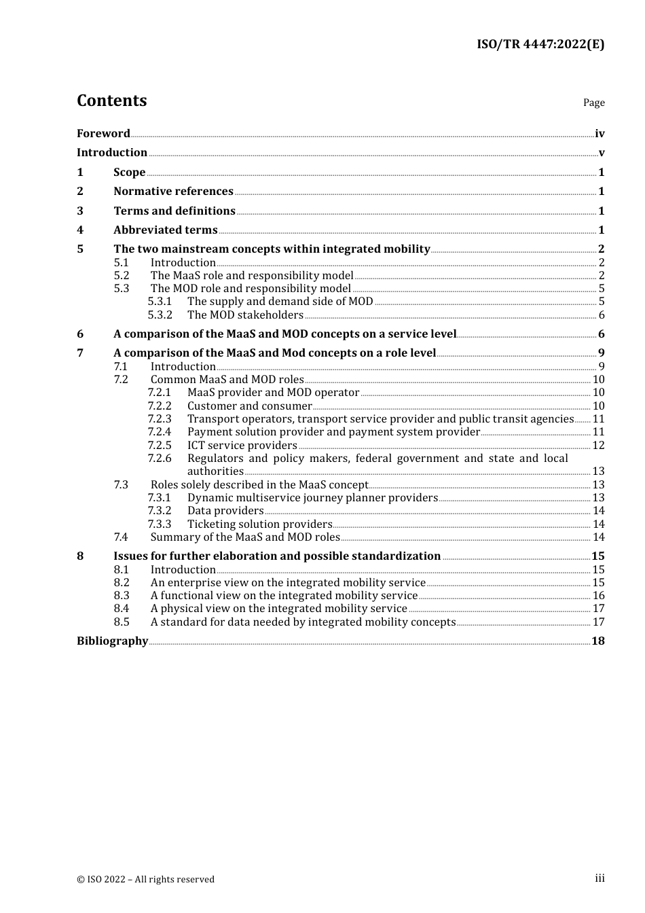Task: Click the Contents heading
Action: point(111,101)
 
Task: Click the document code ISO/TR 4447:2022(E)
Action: point(540,44)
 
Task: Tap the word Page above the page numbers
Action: point(593,103)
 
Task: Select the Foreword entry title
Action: point(103,134)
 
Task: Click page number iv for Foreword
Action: point(600,134)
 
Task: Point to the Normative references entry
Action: point(173,192)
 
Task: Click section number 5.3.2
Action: point(160,315)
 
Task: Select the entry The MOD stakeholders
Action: point(245,315)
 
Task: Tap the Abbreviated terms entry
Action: point(165,230)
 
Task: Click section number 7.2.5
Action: point(160,446)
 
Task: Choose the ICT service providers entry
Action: point(242,446)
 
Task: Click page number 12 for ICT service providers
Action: point(598,446)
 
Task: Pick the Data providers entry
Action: point(225,511)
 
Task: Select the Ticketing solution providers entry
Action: point(259,524)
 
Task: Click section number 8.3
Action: point(122,596)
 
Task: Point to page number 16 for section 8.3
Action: point(598,596)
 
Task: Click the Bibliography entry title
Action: point(112,641)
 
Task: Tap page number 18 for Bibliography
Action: point(598,641)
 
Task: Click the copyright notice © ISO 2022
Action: point(145,880)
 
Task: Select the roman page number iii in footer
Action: point(600,878)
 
